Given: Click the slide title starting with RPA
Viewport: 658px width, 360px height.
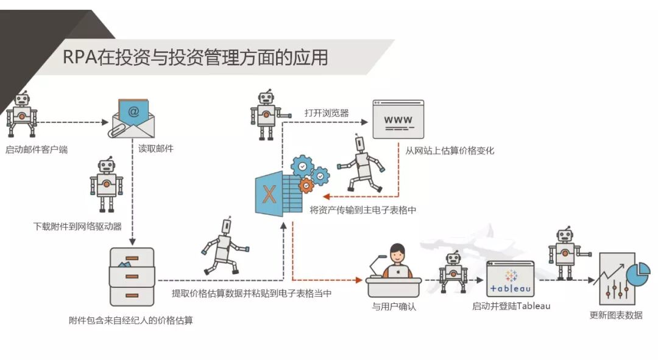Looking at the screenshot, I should click(196, 57).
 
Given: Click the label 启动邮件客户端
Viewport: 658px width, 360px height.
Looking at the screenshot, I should click(37, 149).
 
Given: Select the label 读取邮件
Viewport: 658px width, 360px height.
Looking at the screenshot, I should click(156, 148).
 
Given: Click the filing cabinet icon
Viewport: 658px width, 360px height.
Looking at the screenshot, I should click(132, 277).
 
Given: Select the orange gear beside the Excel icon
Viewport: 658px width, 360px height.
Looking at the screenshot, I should click(306, 185).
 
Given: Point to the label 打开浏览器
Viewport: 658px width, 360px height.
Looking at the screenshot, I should click(327, 113).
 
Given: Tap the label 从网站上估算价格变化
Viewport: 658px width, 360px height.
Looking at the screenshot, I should click(450, 150).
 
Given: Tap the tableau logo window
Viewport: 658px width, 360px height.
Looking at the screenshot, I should click(510, 280).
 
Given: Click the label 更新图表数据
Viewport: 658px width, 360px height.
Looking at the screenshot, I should click(616, 315).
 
